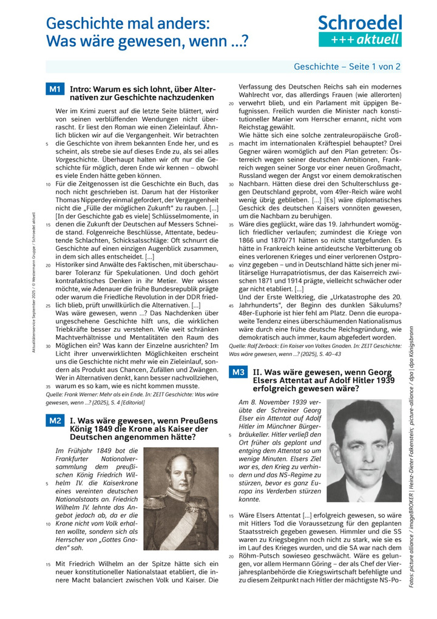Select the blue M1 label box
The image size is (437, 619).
coord(55,89)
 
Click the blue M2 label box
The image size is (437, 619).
coord(55,420)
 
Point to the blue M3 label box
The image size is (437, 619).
coord(239,371)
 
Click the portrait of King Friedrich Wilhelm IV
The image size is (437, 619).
coord(181,498)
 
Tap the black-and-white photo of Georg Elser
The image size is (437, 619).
coord(364,450)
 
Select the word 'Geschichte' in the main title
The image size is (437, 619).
coord(82,24)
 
